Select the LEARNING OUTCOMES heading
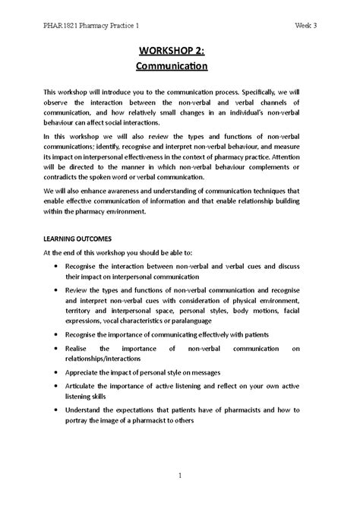click(x=77, y=239)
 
